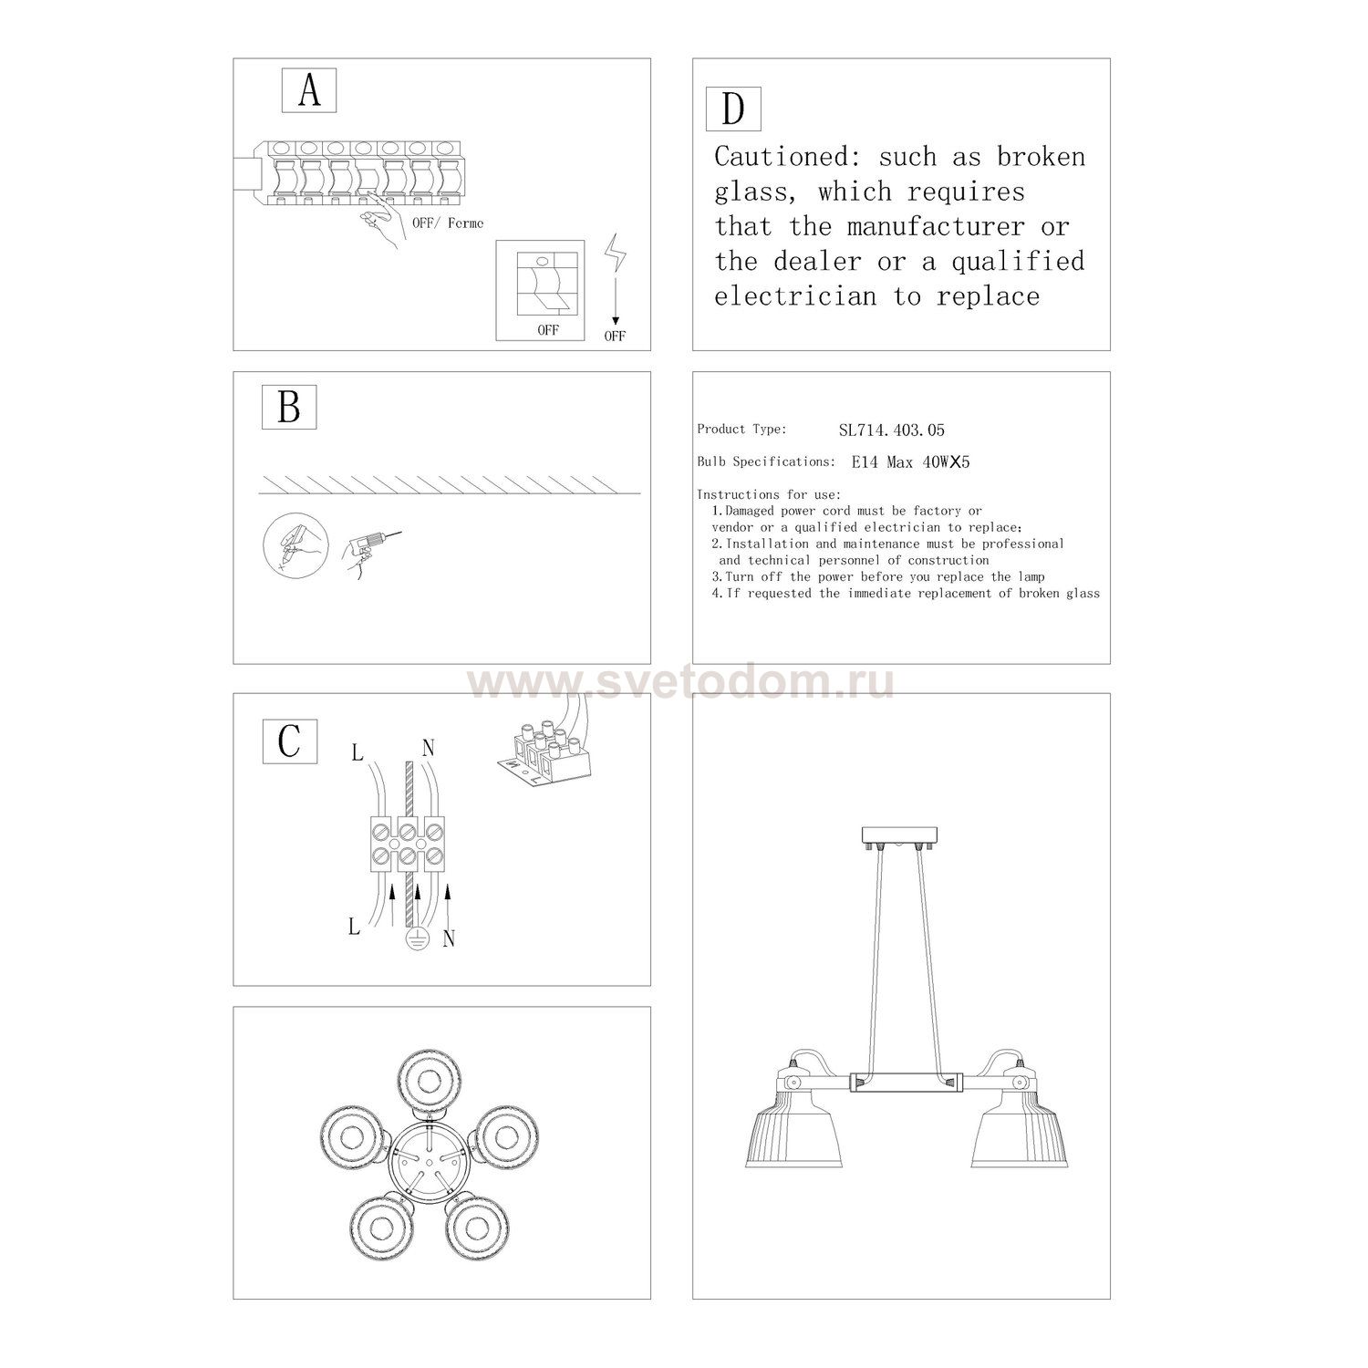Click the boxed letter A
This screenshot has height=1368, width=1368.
pos(309,90)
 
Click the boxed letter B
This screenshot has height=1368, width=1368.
pos(289,407)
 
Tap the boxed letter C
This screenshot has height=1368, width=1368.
pos(289,741)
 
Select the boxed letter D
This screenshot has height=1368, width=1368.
pos(733,109)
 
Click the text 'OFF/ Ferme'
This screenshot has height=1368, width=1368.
pos(448,223)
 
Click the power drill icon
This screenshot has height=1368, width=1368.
pos(367,552)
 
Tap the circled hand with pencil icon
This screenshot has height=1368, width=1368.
pos(293,544)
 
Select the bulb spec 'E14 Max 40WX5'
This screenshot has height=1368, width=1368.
pos(910,462)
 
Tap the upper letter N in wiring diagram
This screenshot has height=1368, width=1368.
pos(428,749)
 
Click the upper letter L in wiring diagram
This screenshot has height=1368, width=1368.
pos(357,753)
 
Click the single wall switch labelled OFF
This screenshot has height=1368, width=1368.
pos(539,290)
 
